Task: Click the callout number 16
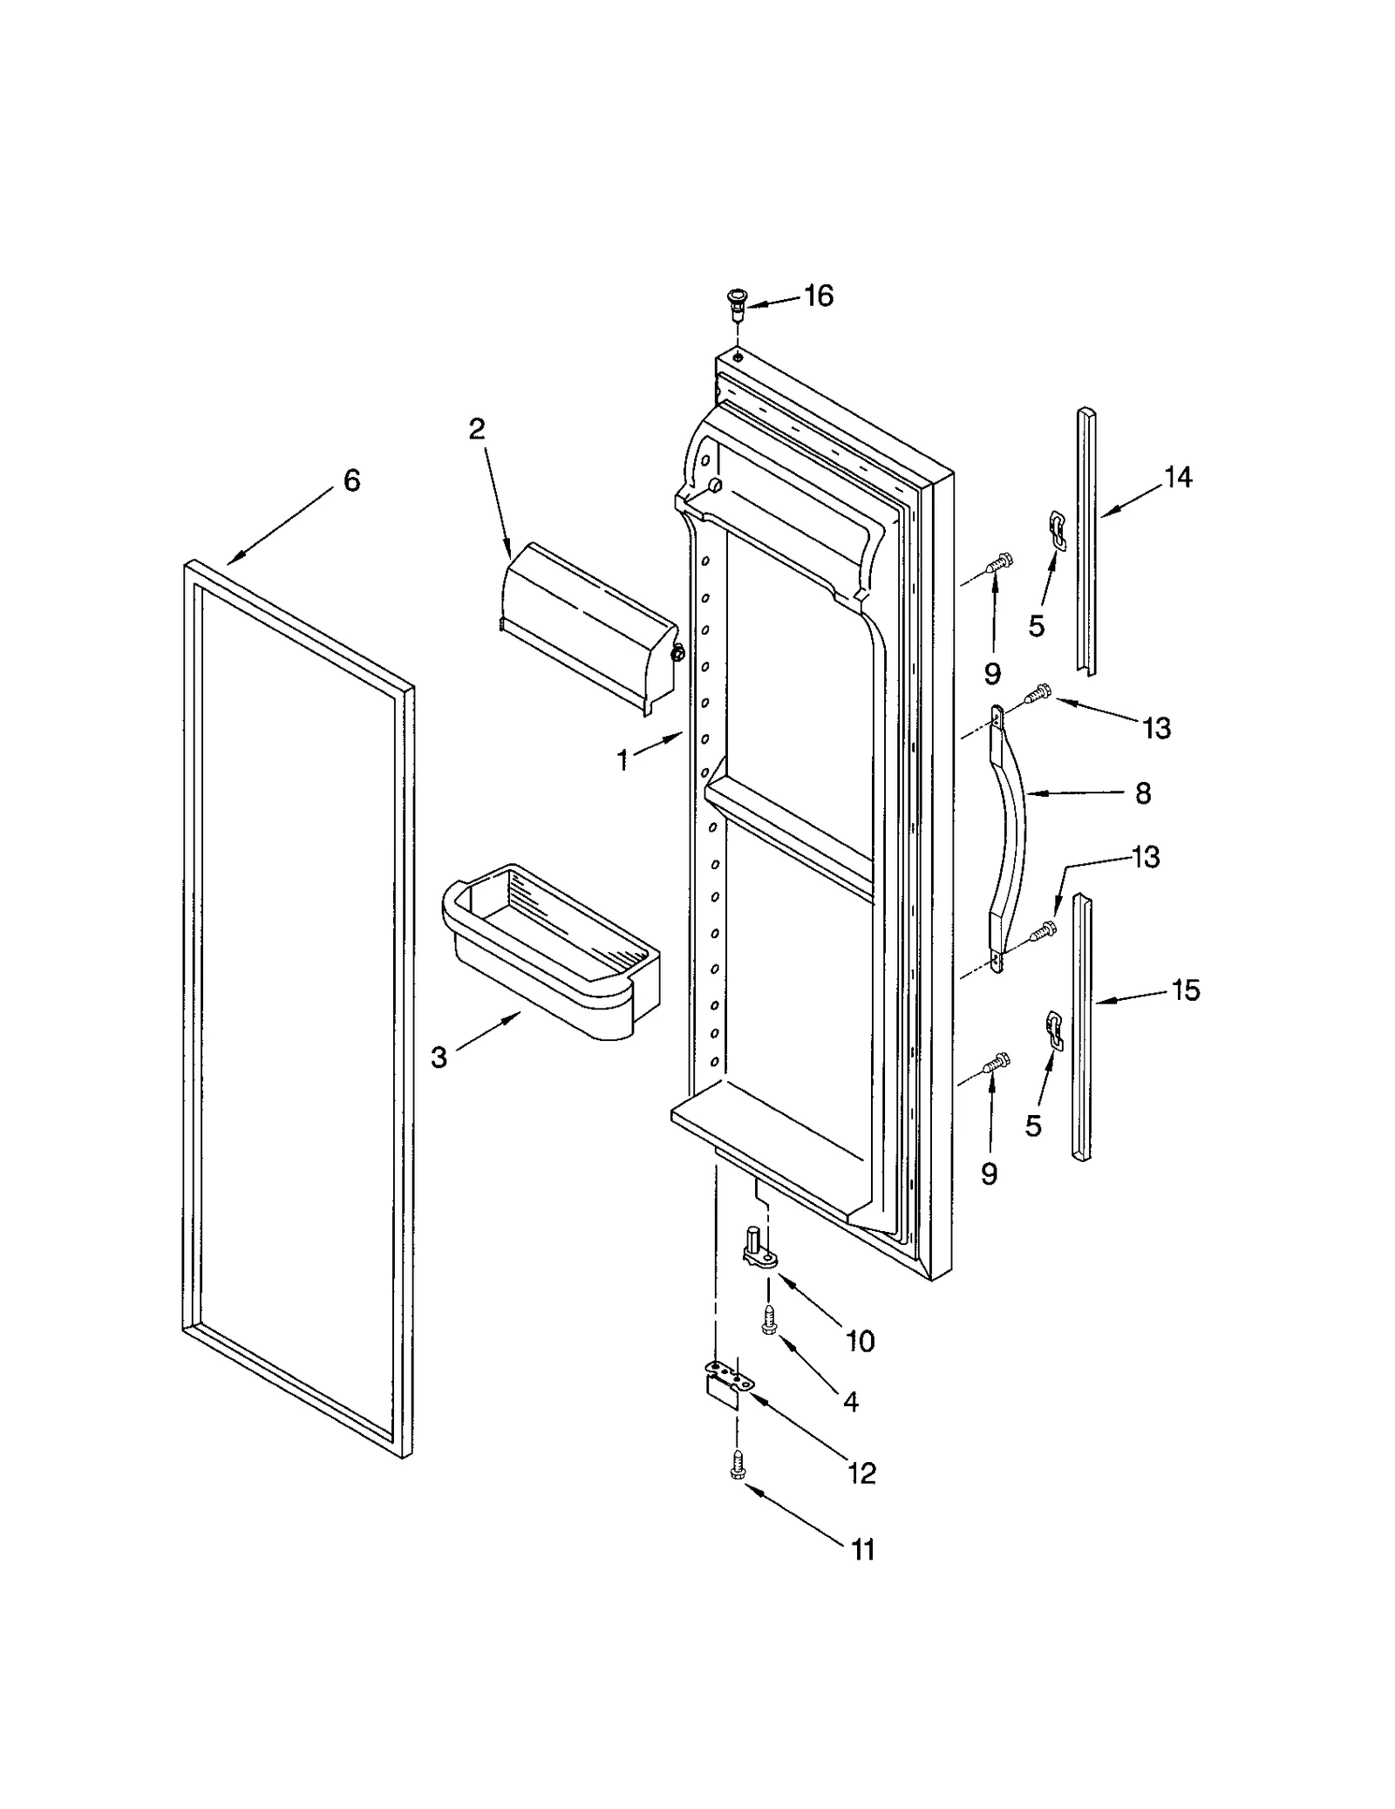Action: pyautogui.click(x=818, y=296)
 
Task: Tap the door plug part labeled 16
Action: pyautogui.click(x=738, y=302)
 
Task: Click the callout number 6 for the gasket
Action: pyautogui.click(x=351, y=480)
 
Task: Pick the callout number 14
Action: pyautogui.click(x=1177, y=477)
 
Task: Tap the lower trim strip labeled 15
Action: pyautogui.click(x=1081, y=1029)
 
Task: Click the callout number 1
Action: pyautogui.click(x=623, y=760)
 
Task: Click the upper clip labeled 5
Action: pyautogui.click(x=1056, y=529)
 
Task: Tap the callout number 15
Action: pyautogui.click(x=1185, y=990)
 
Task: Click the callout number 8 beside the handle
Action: pyautogui.click(x=1143, y=792)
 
